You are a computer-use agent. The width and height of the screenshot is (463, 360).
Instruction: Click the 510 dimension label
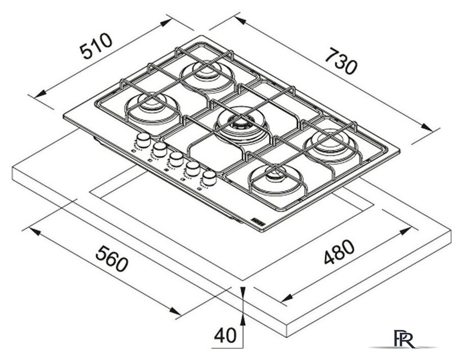click(x=97, y=46)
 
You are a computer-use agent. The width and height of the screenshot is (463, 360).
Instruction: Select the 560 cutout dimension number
click(x=113, y=258)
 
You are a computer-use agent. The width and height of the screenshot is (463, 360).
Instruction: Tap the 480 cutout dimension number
click(x=339, y=252)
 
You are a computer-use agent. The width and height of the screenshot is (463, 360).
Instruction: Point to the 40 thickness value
click(x=225, y=335)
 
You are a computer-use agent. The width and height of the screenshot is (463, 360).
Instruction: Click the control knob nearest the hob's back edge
click(x=143, y=140)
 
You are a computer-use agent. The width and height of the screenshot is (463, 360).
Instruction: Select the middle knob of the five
click(x=176, y=159)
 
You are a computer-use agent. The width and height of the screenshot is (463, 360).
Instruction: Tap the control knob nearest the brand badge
click(x=209, y=178)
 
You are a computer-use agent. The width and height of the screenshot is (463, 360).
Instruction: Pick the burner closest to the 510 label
click(x=153, y=109)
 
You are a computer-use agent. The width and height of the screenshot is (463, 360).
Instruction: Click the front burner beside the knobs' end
click(x=276, y=179)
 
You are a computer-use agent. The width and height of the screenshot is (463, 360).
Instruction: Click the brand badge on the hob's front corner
click(x=259, y=221)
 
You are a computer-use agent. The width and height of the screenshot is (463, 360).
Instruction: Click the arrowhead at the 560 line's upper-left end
click(x=33, y=232)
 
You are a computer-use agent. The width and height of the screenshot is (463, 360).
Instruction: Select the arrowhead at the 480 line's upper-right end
click(x=405, y=231)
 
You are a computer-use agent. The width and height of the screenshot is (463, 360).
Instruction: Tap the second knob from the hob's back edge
click(x=160, y=150)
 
